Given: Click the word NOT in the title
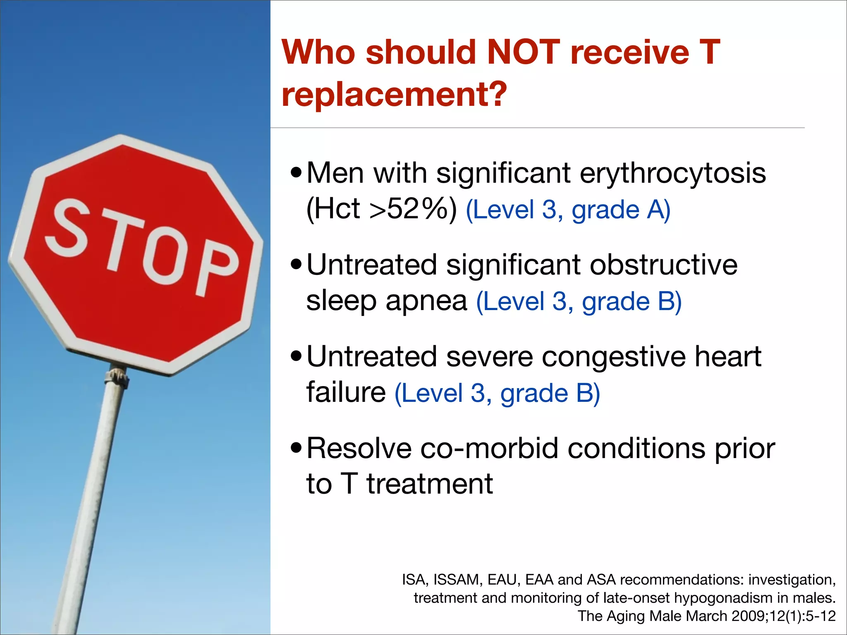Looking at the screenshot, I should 524,53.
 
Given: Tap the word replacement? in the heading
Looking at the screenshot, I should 394,95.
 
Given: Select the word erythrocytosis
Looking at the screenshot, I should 672,174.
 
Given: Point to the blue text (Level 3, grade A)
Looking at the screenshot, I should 568,210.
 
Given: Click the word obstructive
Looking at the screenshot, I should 663,265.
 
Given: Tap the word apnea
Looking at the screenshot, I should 426,301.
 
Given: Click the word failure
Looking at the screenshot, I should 346,393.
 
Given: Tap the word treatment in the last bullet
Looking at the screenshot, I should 429,485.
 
